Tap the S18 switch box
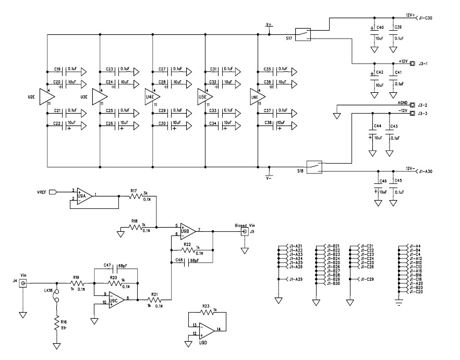314,166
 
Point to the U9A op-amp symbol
84,196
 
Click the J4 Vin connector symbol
23,283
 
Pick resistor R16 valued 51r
56,325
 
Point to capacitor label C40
380,27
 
